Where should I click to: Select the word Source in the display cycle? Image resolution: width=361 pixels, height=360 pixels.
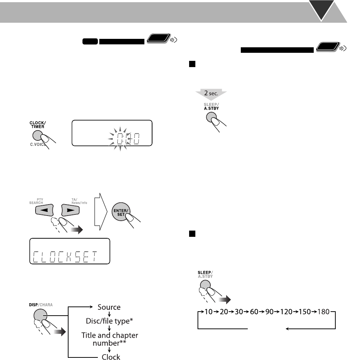click(109, 307)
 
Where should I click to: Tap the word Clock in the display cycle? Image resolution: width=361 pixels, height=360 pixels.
click(111, 357)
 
